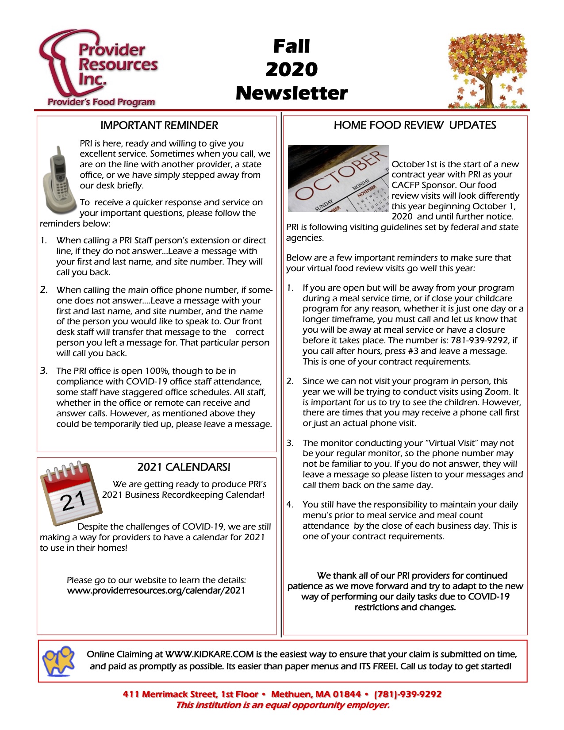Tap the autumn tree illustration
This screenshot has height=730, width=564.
pyautogui.click(x=487, y=71)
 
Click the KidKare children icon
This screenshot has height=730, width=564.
pyautogui.click(x=58, y=661)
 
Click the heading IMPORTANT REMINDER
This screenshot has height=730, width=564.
pyautogui.click(x=159, y=125)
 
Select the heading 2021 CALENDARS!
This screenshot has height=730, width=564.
pyautogui.click(x=184, y=467)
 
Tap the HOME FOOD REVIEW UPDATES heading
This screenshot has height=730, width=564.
pyautogui.click(x=414, y=125)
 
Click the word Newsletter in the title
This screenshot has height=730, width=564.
pyautogui.click(x=292, y=93)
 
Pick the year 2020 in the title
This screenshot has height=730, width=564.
pyautogui.click(x=292, y=69)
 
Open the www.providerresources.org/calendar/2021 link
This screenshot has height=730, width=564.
pyautogui.click(x=156, y=591)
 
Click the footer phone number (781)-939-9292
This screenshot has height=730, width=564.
pyautogui.click(x=407, y=694)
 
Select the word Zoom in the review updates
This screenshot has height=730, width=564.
pyautogui.click(x=498, y=392)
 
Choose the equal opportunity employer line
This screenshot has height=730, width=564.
pyautogui.click(x=283, y=705)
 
